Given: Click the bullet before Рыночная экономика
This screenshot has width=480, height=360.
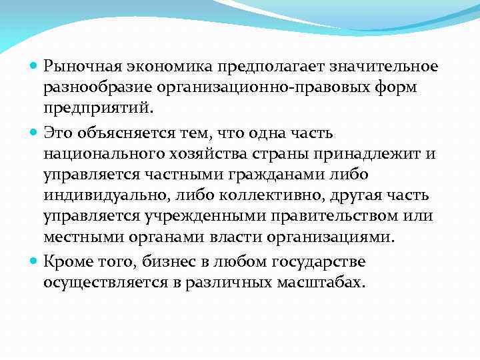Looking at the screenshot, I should point(35,67).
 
